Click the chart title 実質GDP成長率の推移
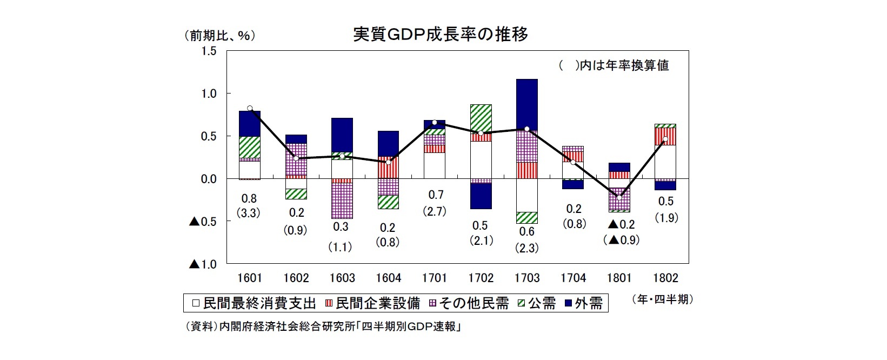pos(441,35)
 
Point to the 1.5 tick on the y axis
pos(209,51)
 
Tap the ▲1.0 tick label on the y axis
pos(203,264)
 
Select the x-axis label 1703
pos(527,278)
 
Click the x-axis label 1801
pos(619,278)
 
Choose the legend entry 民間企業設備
pos(372,303)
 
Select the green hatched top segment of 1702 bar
pos(481,117)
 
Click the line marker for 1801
pos(619,197)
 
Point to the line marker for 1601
pos(250,109)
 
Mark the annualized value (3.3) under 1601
pos(250,213)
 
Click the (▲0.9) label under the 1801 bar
pos(621,240)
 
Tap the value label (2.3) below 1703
pos(527,248)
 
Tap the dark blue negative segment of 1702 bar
pos(481,196)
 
